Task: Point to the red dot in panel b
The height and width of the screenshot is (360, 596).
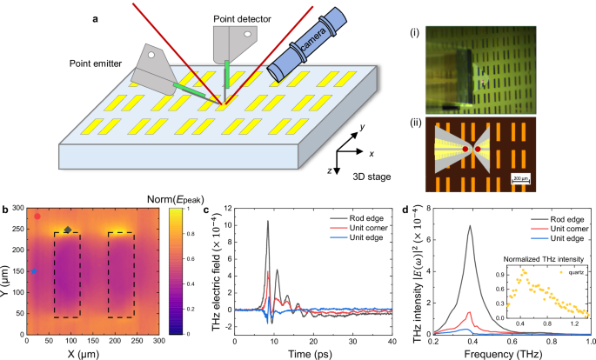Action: click(37, 216)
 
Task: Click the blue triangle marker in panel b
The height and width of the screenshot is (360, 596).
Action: click(34, 271)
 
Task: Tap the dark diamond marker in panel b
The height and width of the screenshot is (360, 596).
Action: click(67, 230)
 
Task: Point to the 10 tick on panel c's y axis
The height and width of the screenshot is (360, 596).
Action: click(228, 223)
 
